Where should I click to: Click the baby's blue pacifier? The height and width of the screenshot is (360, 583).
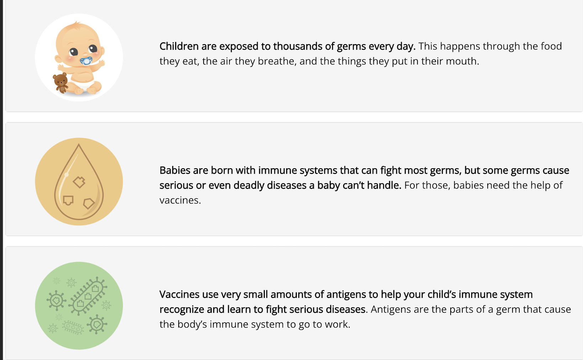pos(86,61)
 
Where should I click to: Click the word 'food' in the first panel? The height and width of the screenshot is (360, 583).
pos(551,46)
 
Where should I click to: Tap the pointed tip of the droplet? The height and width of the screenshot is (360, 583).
pos(79,144)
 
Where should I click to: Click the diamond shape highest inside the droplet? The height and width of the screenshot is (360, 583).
pos(79,182)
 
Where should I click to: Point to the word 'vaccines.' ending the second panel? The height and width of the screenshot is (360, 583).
pos(180,200)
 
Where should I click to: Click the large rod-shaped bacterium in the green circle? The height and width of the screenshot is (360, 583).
pos(88,296)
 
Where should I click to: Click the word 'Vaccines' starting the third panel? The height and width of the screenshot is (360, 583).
pos(179,295)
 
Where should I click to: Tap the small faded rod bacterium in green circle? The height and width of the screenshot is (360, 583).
pos(73,327)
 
